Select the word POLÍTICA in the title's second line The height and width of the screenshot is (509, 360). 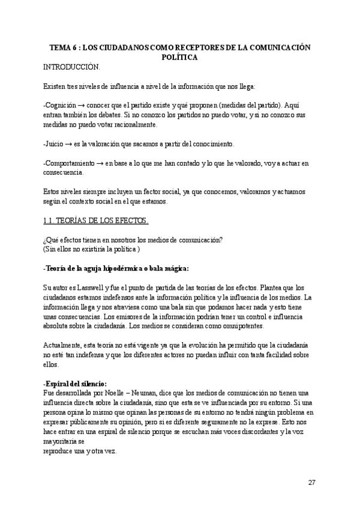point(180,57)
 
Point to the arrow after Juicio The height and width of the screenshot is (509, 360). point(68,144)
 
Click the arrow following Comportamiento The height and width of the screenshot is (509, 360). point(101,163)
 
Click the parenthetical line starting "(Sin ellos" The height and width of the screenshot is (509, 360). point(92,249)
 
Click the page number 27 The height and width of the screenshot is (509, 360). point(311,483)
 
